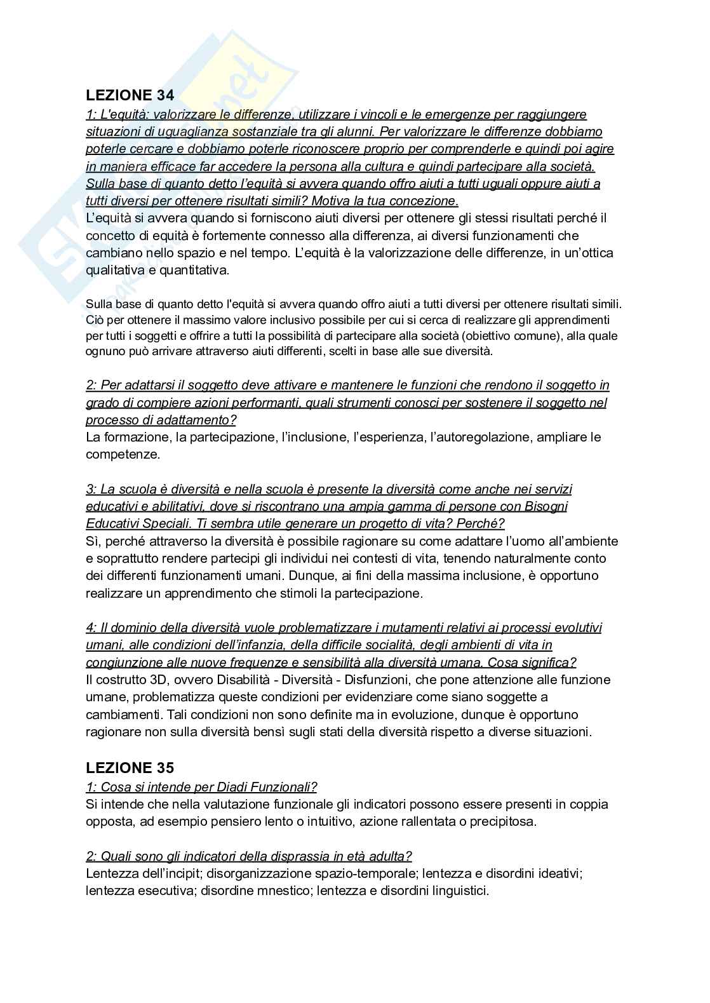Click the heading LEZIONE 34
130,95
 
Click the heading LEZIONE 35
130,767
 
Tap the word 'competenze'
123,455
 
